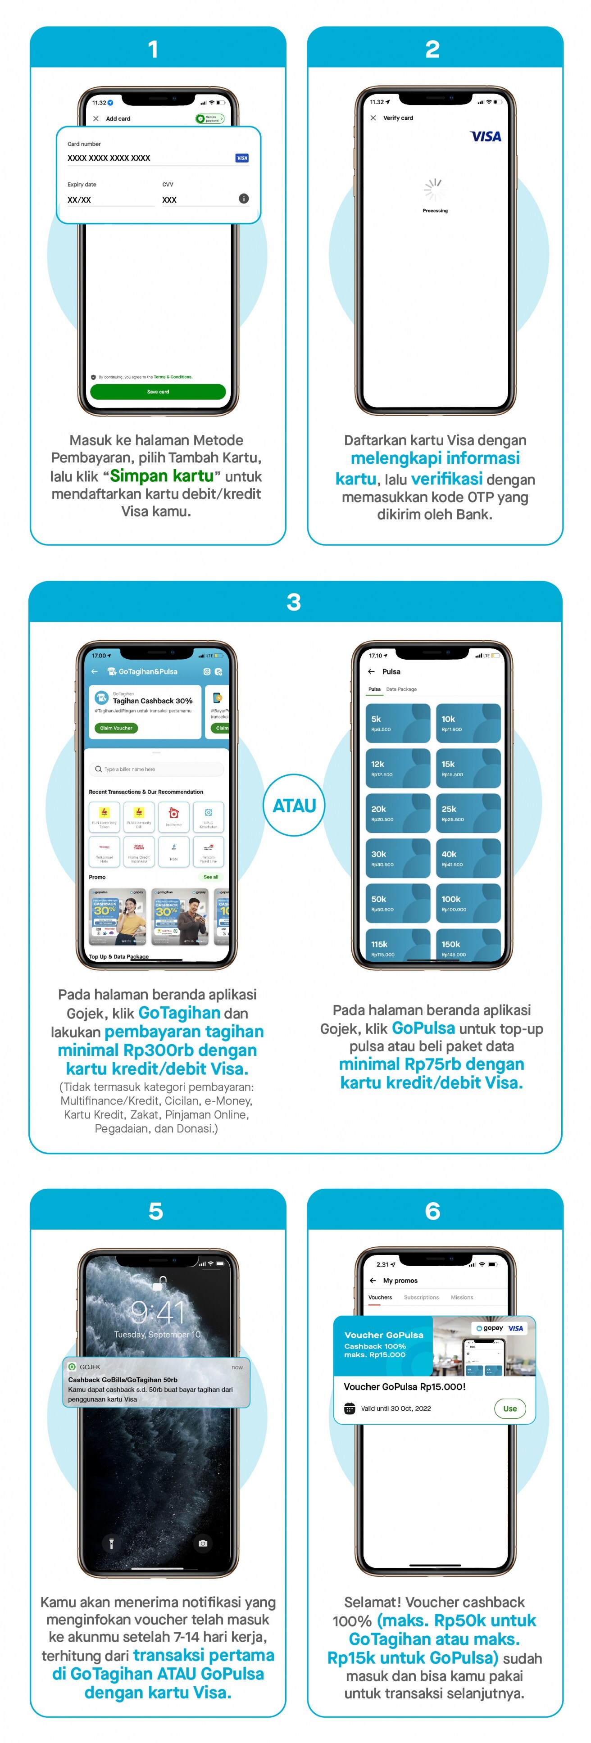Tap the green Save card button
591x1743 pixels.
158,392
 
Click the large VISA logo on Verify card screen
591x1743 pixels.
486,137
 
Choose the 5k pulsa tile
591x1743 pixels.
397,723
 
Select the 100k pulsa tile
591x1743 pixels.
468,903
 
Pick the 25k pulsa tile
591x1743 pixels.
468,813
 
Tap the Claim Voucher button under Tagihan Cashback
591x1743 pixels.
116,728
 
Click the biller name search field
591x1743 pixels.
156,770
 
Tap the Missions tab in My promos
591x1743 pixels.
462,1297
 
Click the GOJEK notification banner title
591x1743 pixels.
123,1379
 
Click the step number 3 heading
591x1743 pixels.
294,602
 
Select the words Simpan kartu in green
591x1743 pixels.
162,475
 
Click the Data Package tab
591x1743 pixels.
401,689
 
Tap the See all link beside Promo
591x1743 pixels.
210,877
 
